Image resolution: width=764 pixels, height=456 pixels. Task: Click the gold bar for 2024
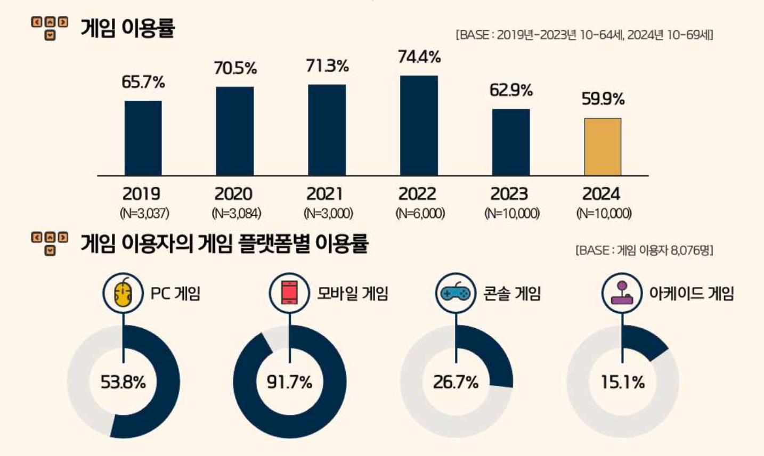pos(603,147)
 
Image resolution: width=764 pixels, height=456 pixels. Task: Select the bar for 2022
pos(419,126)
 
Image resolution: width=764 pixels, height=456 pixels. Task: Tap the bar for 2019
pos(143,138)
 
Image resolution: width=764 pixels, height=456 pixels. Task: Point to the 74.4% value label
pos(419,57)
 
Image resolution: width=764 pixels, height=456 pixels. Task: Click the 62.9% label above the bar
pos(511,91)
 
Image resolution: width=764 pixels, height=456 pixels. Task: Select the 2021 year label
pos(325,193)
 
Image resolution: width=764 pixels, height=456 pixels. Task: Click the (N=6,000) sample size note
pos(420,214)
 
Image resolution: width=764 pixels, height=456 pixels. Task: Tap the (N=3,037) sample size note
pos(144,214)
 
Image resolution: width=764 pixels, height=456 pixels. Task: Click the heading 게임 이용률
pos(127,28)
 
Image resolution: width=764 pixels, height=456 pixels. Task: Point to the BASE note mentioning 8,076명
pos(644,250)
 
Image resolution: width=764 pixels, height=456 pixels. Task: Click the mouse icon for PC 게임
pos(123,293)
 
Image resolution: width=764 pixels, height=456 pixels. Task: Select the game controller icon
pos(456,293)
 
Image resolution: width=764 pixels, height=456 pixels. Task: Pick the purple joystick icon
pos(622,293)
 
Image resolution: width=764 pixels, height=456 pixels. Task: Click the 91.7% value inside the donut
pos(289,382)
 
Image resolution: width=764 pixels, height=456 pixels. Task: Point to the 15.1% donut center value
pos(622,382)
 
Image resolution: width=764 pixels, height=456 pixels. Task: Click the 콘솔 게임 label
pos(511,294)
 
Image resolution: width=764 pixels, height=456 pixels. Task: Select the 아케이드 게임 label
pos(691,294)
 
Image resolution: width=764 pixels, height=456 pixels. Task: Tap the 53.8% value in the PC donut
pos(123,382)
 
